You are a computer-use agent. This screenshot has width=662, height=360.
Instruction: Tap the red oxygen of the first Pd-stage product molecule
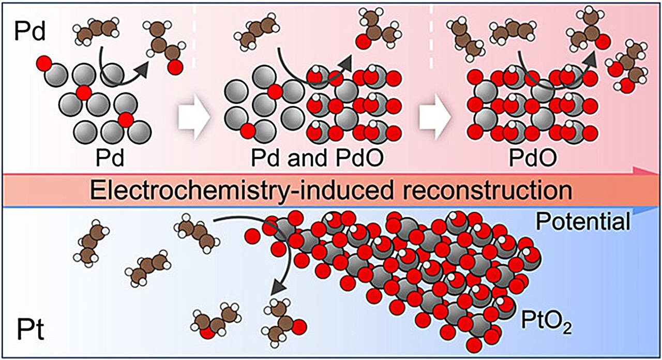pyautogui.click(x=176, y=66)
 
